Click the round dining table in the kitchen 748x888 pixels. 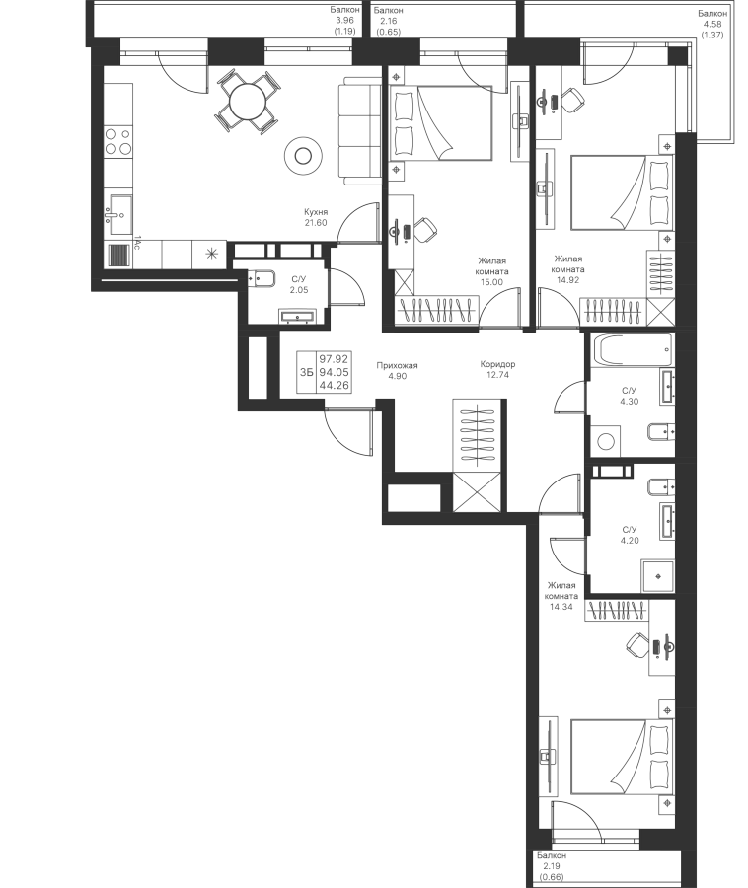pyautogui.click(x=247, y=102)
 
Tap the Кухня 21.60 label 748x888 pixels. pyautogui.click(x=316, y=217)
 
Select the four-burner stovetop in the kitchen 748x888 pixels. pyautogui.click(x=117, y=141)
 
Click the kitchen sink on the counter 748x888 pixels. pyautogui.click(x=119, y=215)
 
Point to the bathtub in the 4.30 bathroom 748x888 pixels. pyautogui.click(x=632, y=350)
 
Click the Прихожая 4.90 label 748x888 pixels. pyautogui.click(x=397, y=371)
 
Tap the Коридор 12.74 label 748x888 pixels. pyautogui.click(x=497, y=369)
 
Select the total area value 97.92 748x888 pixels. pyautogui.click(x=334, y=358)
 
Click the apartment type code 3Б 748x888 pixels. pyautogui.click(x=306, y=372)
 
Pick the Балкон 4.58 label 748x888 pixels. pyautogui.click(x=712, y=24)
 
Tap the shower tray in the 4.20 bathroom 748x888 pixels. pyautogui.click(x=657, y=576)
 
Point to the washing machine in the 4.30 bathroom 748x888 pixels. pyautogui.click(x=606, y=441)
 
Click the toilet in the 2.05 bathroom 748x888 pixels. pyautogui.click(x=262, y=279)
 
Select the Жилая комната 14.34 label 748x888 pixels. pyautogui.click(x=561, y=596)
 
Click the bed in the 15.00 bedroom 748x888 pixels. pyautogui.click(x=441, y=123)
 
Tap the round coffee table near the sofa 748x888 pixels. pyautogui.click(x=304, y=155)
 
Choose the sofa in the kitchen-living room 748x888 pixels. pyautogui.click(x=360, y=133)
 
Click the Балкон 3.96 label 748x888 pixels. pyautogui.click(x=344, y=21)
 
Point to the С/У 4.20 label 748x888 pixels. pyautogui.click(x=630, y=535)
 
